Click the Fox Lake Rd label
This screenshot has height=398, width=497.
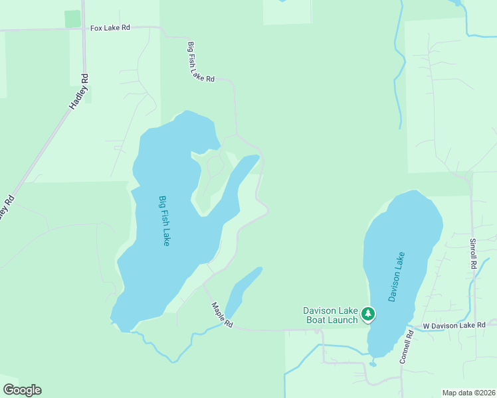tap(110, 29)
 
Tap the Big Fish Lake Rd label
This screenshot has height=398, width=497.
tap(201, 62)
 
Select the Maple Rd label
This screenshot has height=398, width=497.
tap(222, 315)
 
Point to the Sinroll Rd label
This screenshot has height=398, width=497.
tap(473, 253)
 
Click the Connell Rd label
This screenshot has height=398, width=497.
tap(407, 347)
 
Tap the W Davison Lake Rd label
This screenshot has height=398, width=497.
tap(460, 325)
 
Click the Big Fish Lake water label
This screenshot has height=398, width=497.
tap(164, 221)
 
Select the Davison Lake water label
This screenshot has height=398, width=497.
tap(397, 277)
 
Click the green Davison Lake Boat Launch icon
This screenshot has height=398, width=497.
tap(367, 314)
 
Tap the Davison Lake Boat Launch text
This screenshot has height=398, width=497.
tap(330, 314)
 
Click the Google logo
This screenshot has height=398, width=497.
tap(22, 389)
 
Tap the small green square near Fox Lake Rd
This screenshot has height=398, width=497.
tap(72, 19)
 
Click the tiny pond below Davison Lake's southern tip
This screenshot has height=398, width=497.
tap(373, 364)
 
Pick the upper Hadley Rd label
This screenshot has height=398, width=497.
tap(79, 92)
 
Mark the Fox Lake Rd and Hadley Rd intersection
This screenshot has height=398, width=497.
tap(84, 29)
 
